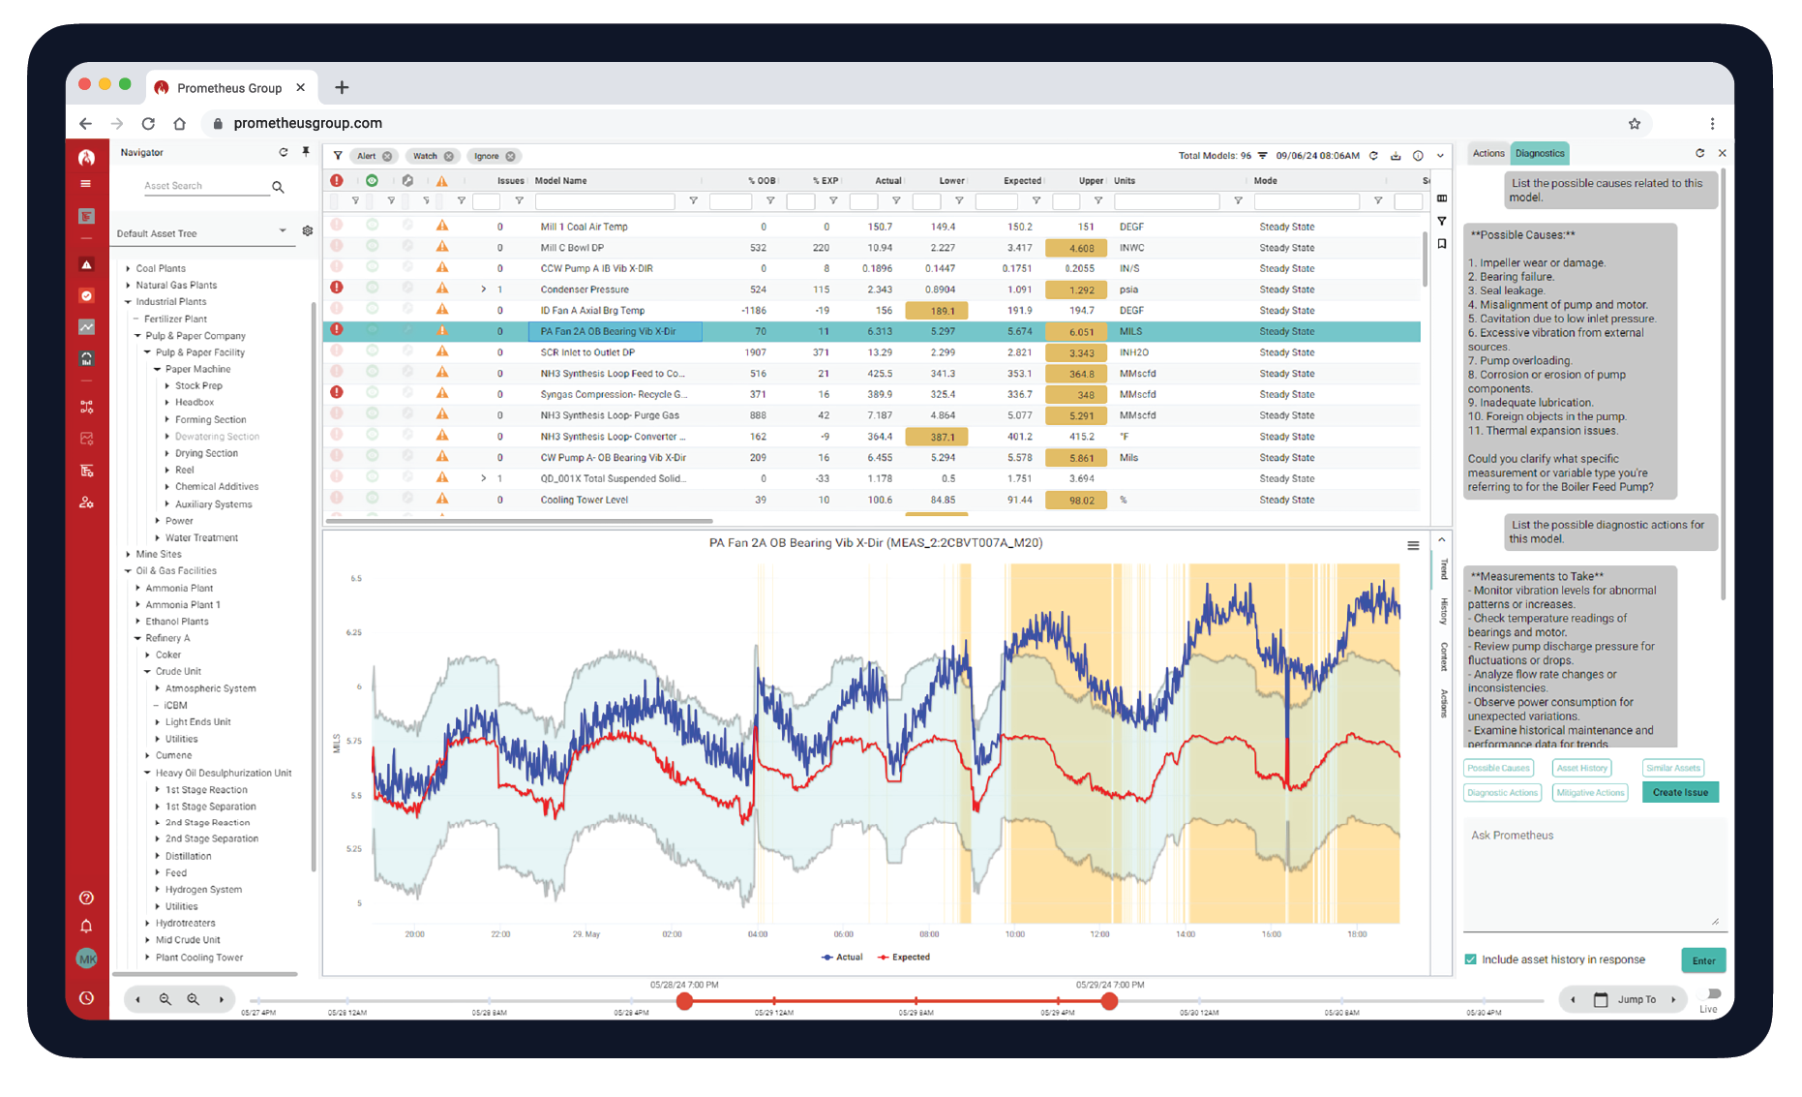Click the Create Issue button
pyautogui.click(x=1680, y=792)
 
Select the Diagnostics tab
pyautogui.click(x=1539, y=153)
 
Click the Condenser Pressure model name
pyautogui.click(x=584, y=289)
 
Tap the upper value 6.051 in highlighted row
pyautogui.click(x=1081, y=331)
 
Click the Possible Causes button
pyautogui.click(x=1498, y=768)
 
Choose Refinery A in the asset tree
pyautogui.click(x=167, y=638)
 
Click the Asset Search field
pyautogui.click(x=205, y=186)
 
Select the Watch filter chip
pyautogui.click(x=426, y=156)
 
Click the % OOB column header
pyautogui.click(x=762, y=181)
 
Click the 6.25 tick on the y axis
pyautogui.click(x=353, y=632)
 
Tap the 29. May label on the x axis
pyautogui.click(x=586, y=934)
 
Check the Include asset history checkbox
pyautogui.click(x=1470, y=960)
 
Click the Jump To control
pyautogui.click(x=1636, y=999)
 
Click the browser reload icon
pyautogui.click(x=148, y=123)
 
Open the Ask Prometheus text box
pyautogui.click(x=1593, y=871)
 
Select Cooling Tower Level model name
pyautogui.click(x=584, y=500)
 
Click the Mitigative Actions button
pyautogui.click(x=1589, y=792)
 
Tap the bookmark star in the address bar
pyautogui.click(x=1634, y=123)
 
